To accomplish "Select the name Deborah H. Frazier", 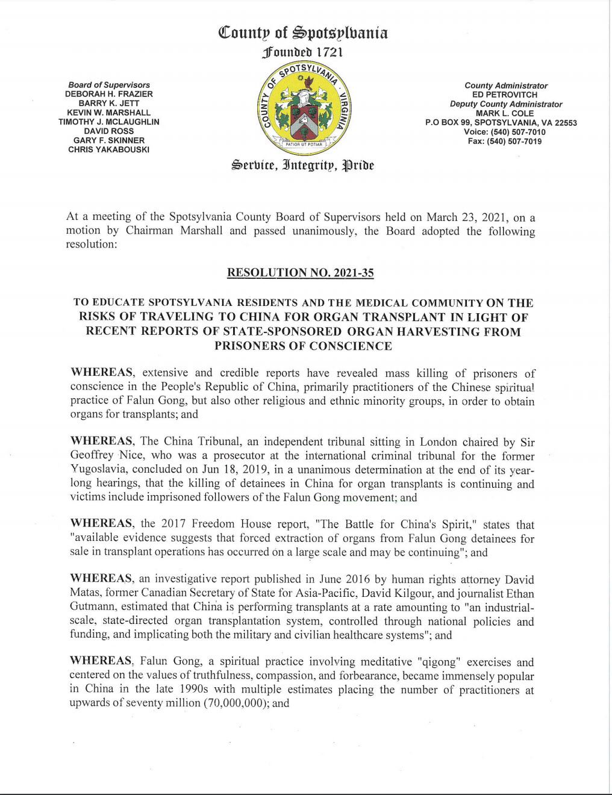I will tap(109, 94).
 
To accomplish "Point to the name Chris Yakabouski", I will tap(109, 149).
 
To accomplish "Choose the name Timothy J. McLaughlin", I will tap(109, 122).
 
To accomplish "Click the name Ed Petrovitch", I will tap(506, 95).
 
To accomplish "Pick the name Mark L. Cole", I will tap(506, 113).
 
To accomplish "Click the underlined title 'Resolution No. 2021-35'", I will tap(300, 273).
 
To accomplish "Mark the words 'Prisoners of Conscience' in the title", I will tap(303, 346).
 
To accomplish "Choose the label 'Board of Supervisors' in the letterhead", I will tap(109, 85).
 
